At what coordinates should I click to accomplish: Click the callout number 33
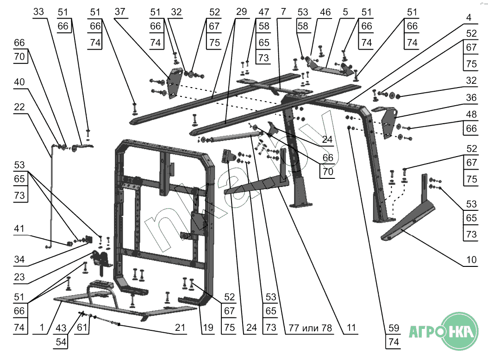(x=38, y=12)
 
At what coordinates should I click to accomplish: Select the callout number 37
(x=120, y=12)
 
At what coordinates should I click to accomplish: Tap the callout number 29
(x=242, y=12)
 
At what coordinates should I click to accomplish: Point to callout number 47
(x=264, y=12)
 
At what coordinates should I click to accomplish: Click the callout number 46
(x=325, y=12)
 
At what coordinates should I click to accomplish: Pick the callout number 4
(x=469, y=18)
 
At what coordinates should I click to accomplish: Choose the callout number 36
(x=471, y=97)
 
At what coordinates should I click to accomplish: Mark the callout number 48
(x=471, y=114)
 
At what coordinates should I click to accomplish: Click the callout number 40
(x=19, y=82)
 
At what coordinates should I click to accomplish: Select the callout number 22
(x=19, y=107)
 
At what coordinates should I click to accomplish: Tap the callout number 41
(x=19, y=228)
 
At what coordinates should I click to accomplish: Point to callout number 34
(x=19, y=259)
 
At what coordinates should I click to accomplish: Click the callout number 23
(x=19, y=277)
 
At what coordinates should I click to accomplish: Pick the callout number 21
(x=180, y=328)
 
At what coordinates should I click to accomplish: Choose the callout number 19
(x=208, y=328)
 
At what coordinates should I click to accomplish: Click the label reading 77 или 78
(x=310, y=328)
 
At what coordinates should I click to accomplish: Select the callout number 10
(x=471, y=259)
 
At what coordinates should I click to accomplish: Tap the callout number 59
(x=394, y=328)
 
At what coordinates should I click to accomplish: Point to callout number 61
(x=82, y=328)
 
